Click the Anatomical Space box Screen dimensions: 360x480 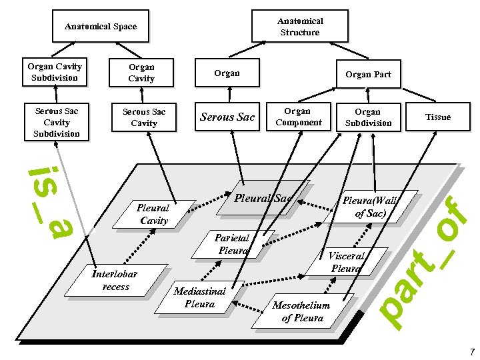(x=100, y=27)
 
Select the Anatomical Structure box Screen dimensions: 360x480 (x=299, y=27)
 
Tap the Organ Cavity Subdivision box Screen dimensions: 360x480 (x=54, y=72)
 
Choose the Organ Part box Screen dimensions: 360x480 (x=368, y=74)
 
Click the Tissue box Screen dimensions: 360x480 (x=438, y=117)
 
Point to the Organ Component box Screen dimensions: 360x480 (x=297, y=117)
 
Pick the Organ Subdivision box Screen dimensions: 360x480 (x=368, y=117)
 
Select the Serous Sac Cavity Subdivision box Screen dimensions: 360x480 (x=57, y=123)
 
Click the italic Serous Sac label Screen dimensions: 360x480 (x=227, y=117)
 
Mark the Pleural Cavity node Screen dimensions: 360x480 (x=154, y=214)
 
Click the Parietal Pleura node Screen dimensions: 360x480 (x=232, y=244)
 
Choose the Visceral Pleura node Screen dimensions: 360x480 (x=346, y=261)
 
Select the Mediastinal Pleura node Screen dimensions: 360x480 (x=199, y=297)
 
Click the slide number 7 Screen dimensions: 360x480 (x=471, y=351)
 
